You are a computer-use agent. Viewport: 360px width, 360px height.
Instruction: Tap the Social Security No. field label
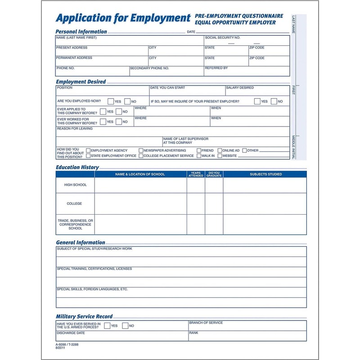tap(222, 38)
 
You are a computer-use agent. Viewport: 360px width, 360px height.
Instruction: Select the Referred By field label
tap(216, 68)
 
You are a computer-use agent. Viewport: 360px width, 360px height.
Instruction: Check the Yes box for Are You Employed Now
tap(109, 101)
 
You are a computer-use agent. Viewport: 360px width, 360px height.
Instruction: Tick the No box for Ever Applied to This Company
tap(119, 112)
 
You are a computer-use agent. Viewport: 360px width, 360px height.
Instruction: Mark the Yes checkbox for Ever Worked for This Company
tap(103, 121)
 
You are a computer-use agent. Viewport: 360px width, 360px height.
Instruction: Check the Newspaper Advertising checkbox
tap(141, 150)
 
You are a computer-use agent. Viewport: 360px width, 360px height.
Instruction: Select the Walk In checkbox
tap(198, 156)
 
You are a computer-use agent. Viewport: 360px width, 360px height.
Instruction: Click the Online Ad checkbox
tap(220, 150)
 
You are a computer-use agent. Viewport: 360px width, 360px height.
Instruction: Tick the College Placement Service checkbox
tap(141, 156)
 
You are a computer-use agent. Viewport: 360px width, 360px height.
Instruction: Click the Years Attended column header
tap(196, 174)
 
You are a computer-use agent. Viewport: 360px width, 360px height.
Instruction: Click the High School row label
tap(75, 185)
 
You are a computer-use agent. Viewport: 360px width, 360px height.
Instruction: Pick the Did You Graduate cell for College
tap(214, 203)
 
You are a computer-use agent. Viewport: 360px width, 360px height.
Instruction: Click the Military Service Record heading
tap(84, 316)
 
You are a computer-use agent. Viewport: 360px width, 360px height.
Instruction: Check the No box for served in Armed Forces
tap(125, 326)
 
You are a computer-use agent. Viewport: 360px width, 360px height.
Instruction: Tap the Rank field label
tap(193, 333)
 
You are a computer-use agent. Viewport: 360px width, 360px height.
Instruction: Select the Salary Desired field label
tap(240, 88)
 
